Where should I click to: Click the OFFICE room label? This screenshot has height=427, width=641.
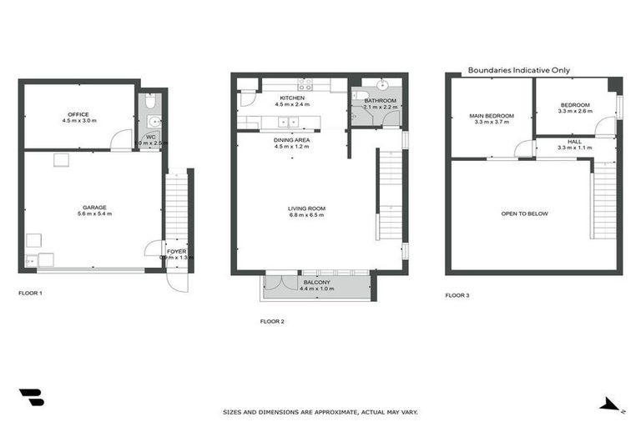pyautogui.click(x=79, y=114)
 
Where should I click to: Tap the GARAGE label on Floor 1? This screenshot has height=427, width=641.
pyautogui.click(x=93, y=207)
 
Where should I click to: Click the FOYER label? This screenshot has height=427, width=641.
pyautogui.click(x=176, y=250)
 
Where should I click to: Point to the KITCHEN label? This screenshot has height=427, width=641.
pyautogui.click(x=292, y=98)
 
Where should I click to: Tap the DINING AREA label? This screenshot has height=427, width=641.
pyautogui.click(x=292, y=140)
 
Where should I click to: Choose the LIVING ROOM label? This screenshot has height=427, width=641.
pyautogui.click(x=305, y=208)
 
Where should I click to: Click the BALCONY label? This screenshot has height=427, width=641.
pyautogui.click(x=316, y=282)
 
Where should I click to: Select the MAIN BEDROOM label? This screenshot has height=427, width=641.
pyautogui.click(x=492, y=115)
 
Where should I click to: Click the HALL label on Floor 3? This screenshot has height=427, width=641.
pyautogui.click(x=574, y=141)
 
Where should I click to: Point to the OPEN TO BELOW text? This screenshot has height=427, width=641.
pyautogui.click(x=524, y=213)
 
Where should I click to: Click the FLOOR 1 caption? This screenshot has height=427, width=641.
pyautogui.click(x=30, y=293)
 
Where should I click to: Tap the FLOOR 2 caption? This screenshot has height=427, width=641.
pyautogui.click(x=273, y=321)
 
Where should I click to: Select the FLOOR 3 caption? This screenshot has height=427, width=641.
pyautogui.click(x=457, y=294)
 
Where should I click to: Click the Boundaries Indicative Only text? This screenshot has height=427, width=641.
pyautogui.click(x=518, y=70)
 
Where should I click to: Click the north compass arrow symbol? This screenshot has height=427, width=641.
pyautogui.click(x=611, y=404)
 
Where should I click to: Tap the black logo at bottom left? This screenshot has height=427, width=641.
pyautogui.click(x=31, y=398)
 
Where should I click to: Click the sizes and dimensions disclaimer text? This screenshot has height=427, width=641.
pyautogui.click(x=320, y=411)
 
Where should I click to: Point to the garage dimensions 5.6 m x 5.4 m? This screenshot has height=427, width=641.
pyautogui.click(x=93, y=214)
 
